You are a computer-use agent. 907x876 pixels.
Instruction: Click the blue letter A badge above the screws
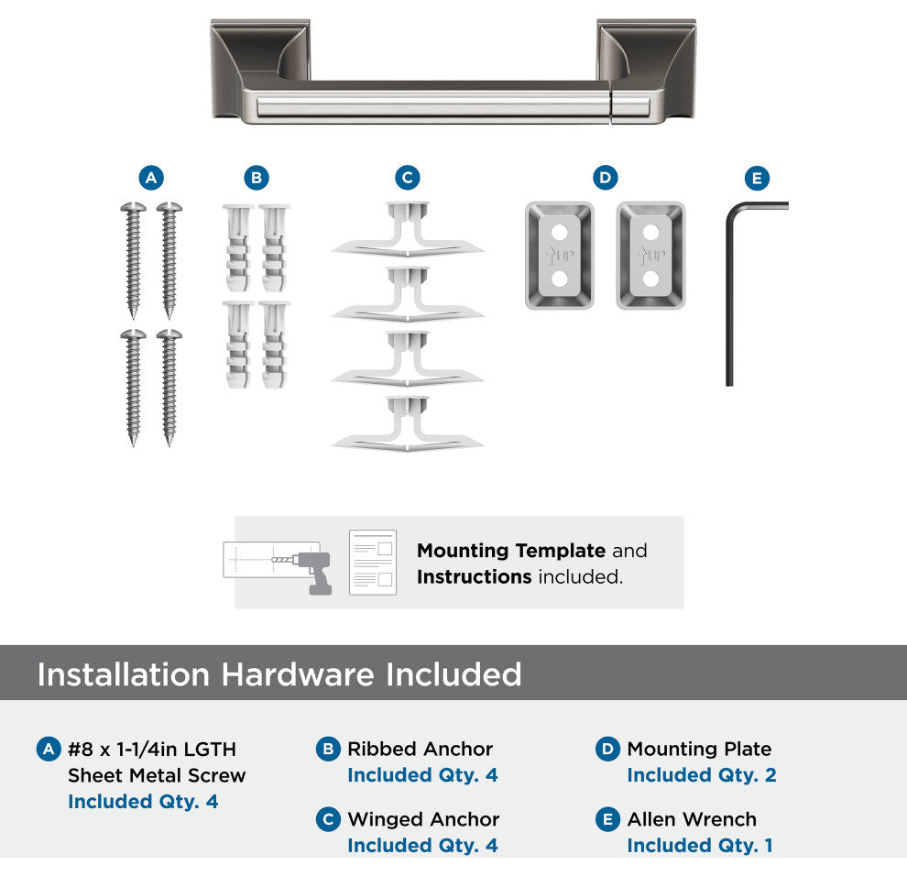pos(151,178)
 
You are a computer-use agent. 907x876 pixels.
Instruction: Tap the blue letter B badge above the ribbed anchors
pos(257,178)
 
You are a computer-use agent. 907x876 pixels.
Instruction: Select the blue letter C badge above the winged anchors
pos(407,178)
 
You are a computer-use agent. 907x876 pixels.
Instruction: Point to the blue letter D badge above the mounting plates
pos(606,178)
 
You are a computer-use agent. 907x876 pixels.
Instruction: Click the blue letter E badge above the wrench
pos(757,178)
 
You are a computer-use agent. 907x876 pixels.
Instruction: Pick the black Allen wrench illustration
pos(729,290)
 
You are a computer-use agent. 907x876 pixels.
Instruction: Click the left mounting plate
pos(560,255)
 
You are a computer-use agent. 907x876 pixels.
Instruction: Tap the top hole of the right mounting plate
pos(650,233)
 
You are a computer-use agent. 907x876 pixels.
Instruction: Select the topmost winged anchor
pos(407,229)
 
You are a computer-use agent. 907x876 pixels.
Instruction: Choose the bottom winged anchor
pos(407,423)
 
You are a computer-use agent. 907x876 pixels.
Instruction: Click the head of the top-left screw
pos(133,206)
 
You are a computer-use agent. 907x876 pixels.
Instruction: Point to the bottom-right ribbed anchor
pos(274,345)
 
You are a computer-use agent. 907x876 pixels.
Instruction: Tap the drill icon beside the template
pos(312,572)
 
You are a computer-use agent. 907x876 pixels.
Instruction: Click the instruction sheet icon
pos(373,563)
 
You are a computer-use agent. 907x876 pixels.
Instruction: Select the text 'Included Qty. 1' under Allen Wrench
pos(700,846)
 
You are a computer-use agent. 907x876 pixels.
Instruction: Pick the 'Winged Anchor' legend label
pos(423,819)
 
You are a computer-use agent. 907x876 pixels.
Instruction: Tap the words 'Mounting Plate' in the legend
pos(699,750)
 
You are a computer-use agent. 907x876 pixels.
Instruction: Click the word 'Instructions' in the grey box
pos(475,577)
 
